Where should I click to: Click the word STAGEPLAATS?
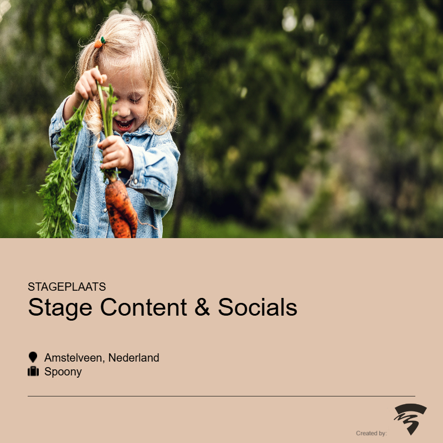[x=66, y=286]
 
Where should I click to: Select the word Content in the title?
[x=143, y=307]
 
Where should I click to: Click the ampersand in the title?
[x=202, y=307]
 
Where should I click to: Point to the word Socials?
[x=257, y=307]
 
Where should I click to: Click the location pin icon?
[x=33, y=357]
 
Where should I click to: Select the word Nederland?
[x=133, y=358]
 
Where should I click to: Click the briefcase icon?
[x=33, y=371]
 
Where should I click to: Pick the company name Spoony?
[x=63, y=372]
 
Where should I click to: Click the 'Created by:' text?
[x=371, y=433]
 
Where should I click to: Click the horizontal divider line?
[x=221, y=396]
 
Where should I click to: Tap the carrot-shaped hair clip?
[x=100, y=43]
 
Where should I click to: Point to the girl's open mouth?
[x=123, y=124]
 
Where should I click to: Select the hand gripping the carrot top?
[x=115, y=153]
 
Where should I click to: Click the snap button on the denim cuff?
[x=135, y=181]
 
